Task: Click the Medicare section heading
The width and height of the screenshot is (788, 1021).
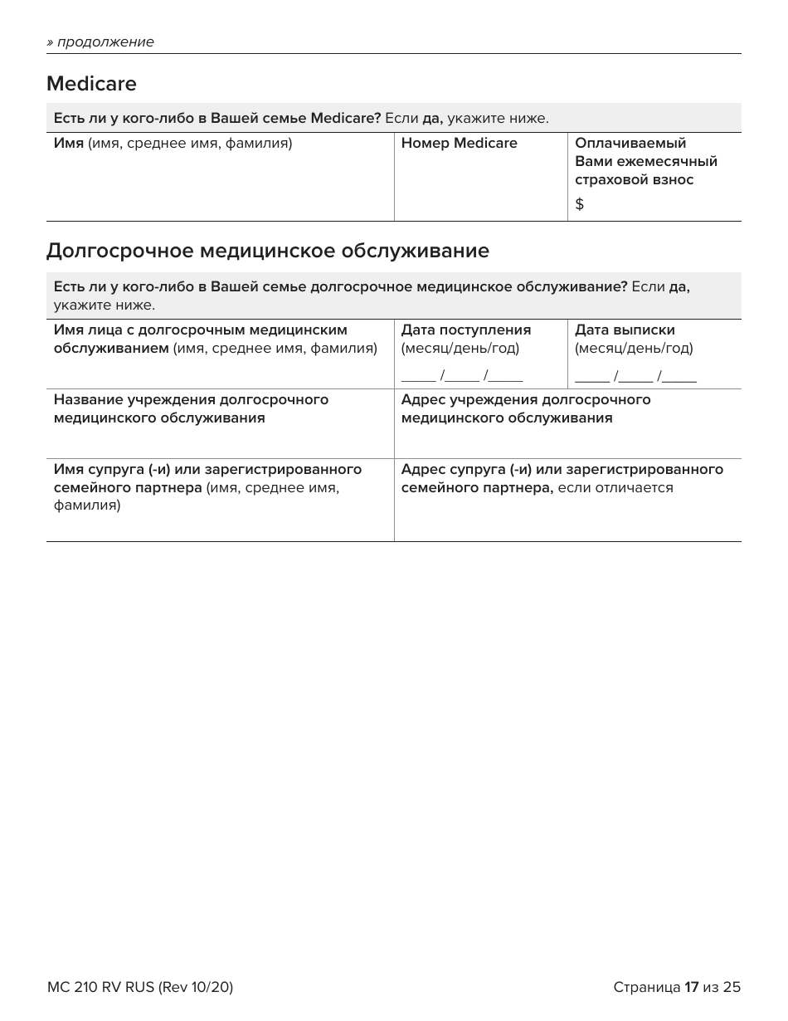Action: coord(91,84)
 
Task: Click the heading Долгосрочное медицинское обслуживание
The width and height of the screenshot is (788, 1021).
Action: coord(267,251)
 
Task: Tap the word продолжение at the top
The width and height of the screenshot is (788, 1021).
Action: coord(105,42)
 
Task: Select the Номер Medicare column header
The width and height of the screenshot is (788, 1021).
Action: coord(459,144)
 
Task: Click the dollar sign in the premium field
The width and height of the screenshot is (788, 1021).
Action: coord(579,204)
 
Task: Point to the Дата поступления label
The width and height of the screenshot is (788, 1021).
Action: coord(465,330)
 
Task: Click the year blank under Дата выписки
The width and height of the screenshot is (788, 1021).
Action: coord(679,377)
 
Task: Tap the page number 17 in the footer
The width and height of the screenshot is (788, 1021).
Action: coord(692,987)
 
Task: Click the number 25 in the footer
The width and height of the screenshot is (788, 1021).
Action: coord(732,987)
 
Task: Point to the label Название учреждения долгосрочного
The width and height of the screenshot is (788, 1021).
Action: coord(191,400)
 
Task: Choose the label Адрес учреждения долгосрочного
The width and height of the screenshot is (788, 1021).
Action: coord(525,400)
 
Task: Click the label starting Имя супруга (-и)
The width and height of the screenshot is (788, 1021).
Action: coord(207,470)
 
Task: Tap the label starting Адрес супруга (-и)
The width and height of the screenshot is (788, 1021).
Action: coord(562,470)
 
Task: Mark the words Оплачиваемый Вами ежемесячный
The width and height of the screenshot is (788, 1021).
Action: coord(645,153)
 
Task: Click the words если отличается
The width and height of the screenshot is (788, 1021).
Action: coord(615,488)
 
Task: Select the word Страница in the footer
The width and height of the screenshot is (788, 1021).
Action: coord(646,987)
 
